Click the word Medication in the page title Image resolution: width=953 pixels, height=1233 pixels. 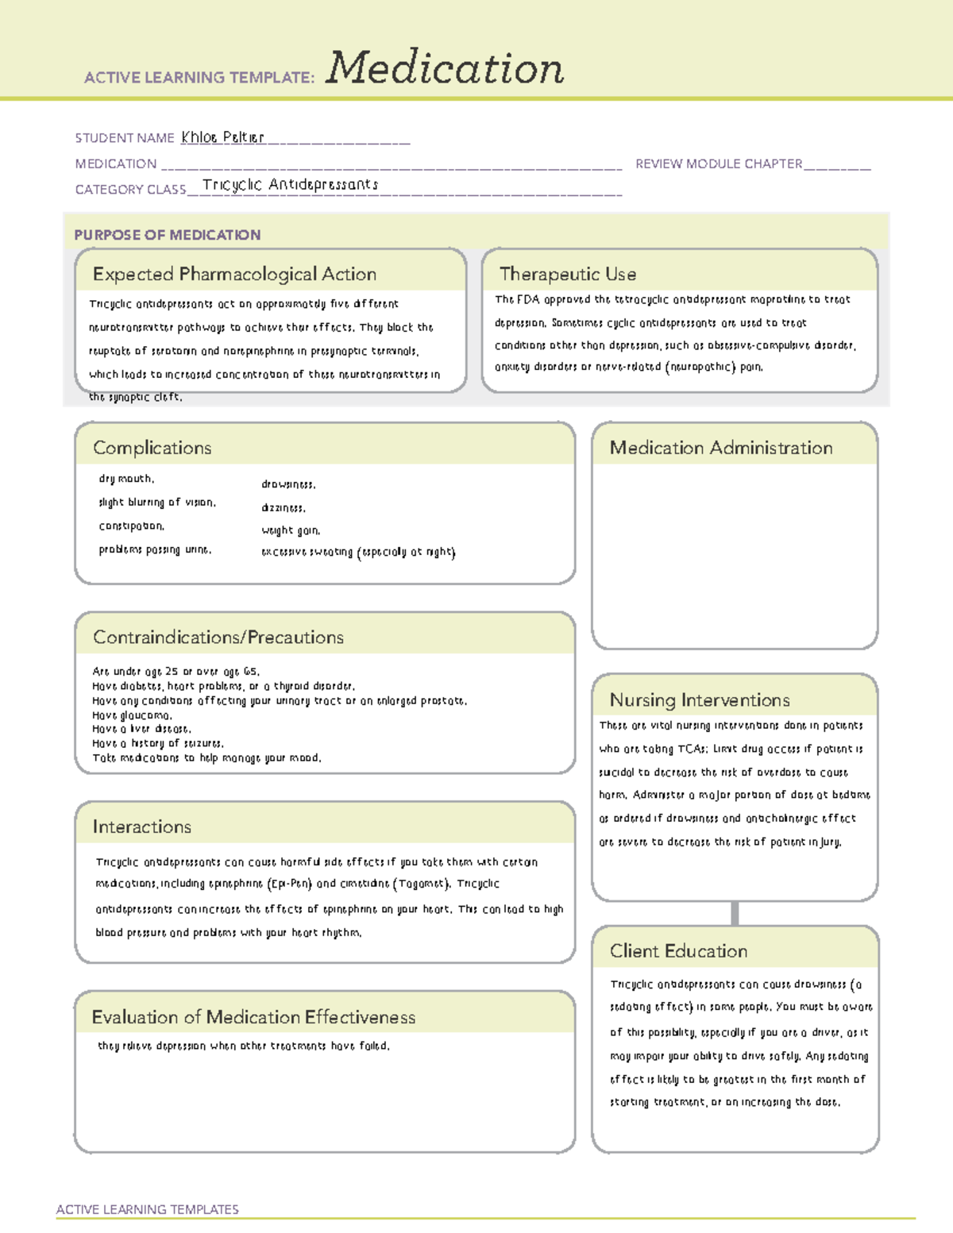(445, 68)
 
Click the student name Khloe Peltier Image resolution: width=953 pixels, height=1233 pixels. (222, 137)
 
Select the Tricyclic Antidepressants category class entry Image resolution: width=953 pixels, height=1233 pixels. (290, 185)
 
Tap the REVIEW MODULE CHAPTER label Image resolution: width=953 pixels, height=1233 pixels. (718, 164)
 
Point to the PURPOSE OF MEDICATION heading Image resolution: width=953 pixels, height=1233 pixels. (167, 235)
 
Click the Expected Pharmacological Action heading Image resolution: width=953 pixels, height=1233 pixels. (234, 274)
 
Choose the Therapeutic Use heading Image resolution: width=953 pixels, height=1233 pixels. (568, 274)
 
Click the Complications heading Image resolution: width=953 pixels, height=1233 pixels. (152, 448)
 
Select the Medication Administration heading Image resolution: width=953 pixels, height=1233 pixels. (720, 448)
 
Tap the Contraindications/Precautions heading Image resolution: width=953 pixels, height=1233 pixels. (218, 638)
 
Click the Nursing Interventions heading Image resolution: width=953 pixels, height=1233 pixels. (699, 700)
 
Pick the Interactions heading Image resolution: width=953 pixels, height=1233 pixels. (141, 827)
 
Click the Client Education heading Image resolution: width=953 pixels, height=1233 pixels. (678, 951)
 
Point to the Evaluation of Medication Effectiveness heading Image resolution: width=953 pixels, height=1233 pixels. (253, 1017)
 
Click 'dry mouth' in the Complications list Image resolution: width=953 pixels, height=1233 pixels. (126, 479)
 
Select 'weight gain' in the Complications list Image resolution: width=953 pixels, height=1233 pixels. (291, 530)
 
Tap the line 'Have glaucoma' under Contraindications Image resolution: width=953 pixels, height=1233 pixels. (132, 715)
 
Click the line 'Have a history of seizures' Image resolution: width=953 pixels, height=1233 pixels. (158, 744)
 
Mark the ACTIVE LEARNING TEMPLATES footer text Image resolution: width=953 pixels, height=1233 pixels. (147, 1209)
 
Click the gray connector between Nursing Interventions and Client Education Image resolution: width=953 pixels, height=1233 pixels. (735, 913)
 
